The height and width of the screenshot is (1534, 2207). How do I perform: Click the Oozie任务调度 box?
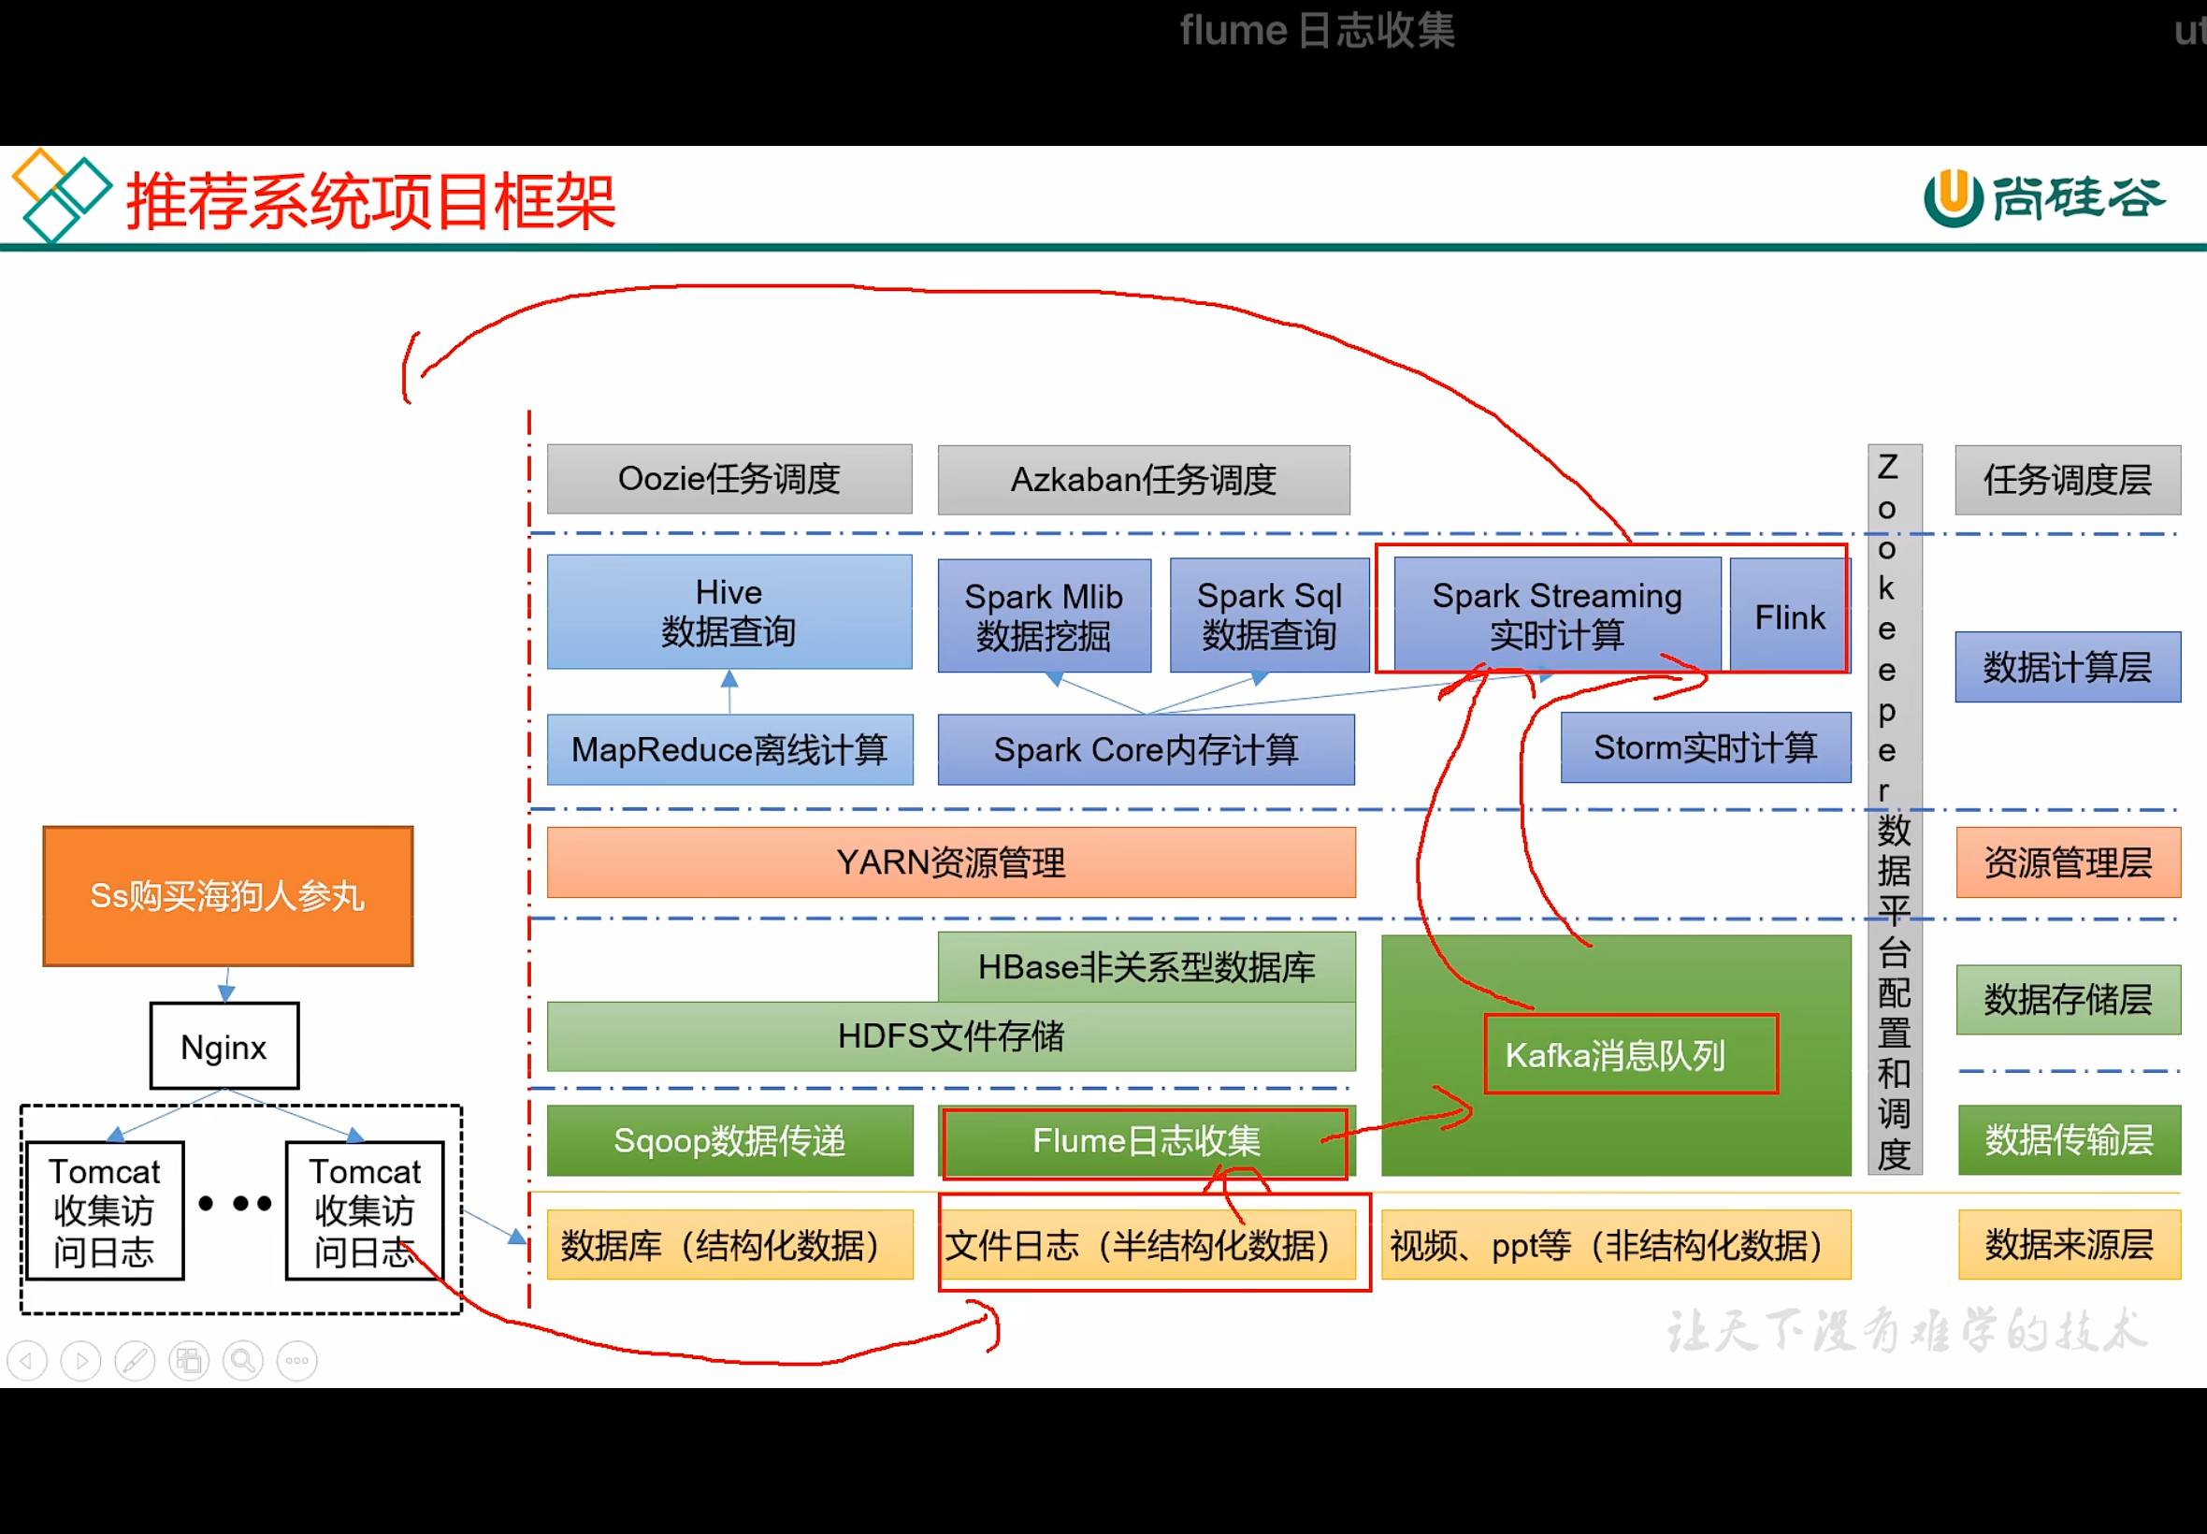coord(729,479)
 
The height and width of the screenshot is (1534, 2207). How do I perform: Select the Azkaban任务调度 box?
coord(1144,480)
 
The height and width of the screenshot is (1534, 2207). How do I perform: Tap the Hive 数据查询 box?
coord(729,612)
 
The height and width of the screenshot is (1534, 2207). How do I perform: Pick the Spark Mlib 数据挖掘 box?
coord(1045,615)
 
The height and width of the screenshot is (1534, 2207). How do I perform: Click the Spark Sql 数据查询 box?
coord(1269,615)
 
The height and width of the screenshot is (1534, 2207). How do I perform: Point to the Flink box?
coord(1789,616)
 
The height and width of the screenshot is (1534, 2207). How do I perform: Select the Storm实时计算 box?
coord(1706,747)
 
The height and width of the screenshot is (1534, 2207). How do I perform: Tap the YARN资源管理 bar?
coord(951,862)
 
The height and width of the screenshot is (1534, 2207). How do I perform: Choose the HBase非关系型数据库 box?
coord(1147,967)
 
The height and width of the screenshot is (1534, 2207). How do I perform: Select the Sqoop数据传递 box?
coord(729,1141)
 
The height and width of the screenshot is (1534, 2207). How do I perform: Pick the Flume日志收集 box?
coord(1147,1142)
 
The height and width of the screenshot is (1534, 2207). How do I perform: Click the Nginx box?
coord(224,1046)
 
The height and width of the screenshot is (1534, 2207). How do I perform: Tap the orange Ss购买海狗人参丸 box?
coord(228,896)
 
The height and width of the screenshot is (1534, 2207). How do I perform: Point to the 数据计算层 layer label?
coord(2068,667)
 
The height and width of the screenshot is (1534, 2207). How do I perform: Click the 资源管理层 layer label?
coord(2068,862)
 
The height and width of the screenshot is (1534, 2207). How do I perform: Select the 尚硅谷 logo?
coord(2043,198)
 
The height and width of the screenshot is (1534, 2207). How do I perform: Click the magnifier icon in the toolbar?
coord(243,1361)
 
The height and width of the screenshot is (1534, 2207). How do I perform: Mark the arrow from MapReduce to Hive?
coord(729,691)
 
